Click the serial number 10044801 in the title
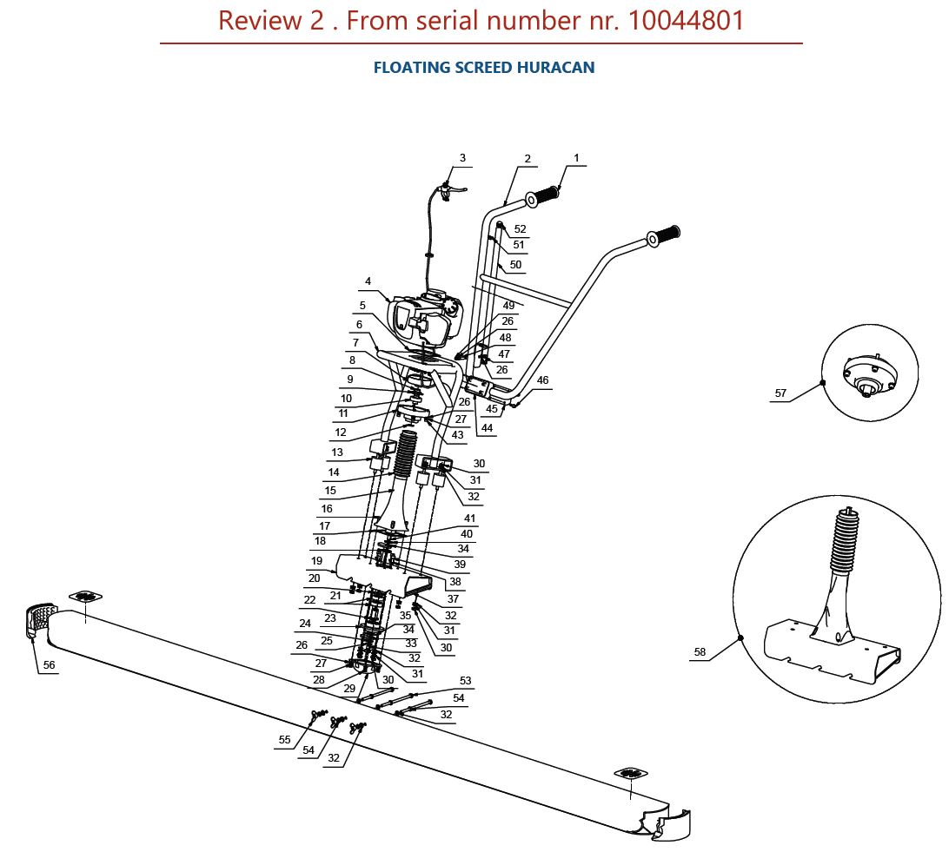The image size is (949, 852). click(x=686, y=21)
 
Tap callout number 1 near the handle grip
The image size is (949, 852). click(x=576, y=158)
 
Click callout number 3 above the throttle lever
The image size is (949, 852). click(x=462, y=158)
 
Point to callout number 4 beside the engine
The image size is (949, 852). click(x=368, y=281)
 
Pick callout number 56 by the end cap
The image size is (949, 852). click(x=49, y=664)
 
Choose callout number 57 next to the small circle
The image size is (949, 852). click(x=780, y=393)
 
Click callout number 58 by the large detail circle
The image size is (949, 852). click(x=700, y=651)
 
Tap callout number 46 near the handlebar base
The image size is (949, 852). click(x=543, y=380)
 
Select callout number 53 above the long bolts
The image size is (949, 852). click(x=466, y=681)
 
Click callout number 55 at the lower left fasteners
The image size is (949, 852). click(x=285, y=740)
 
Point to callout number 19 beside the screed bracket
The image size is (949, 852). click(x=317, y=561)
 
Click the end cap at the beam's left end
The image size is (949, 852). click(x=38, y=622)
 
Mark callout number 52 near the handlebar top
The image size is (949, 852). click(x=521, y=229)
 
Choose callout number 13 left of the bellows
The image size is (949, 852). click(x=337, y=452)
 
